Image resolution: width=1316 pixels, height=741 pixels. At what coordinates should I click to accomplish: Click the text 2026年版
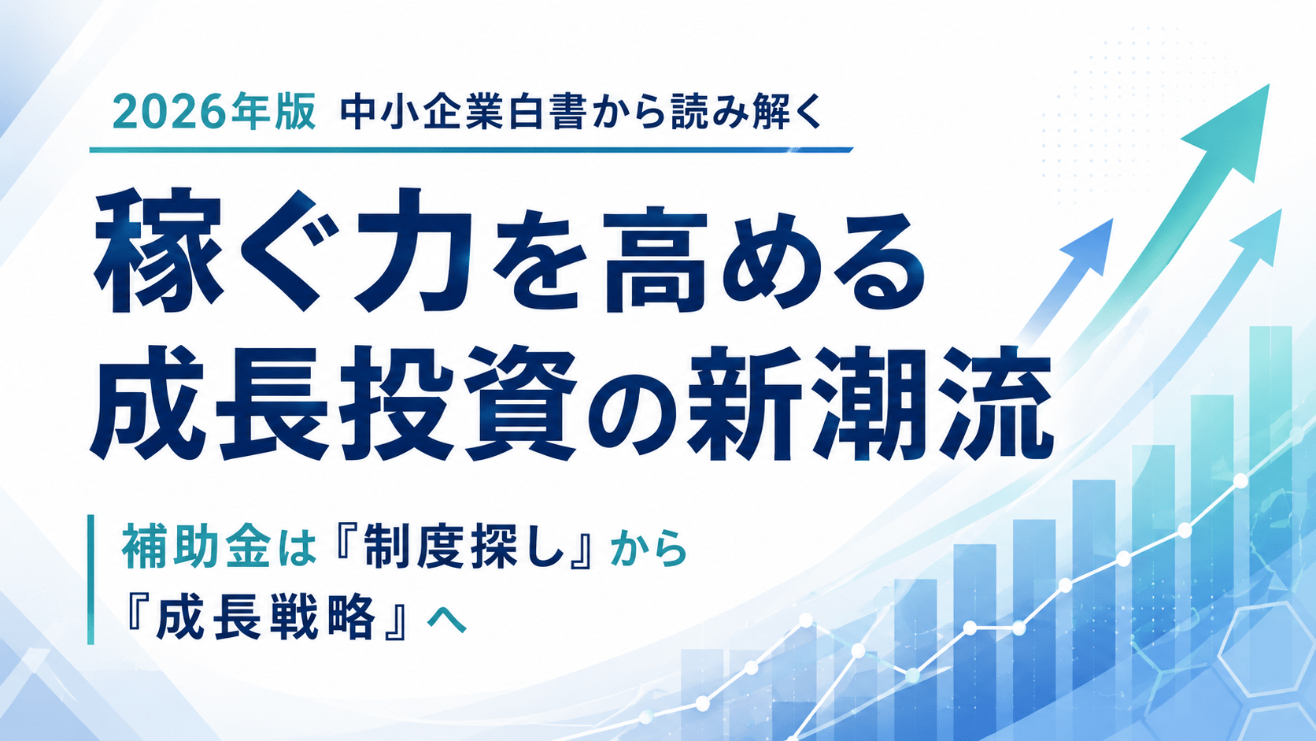214,111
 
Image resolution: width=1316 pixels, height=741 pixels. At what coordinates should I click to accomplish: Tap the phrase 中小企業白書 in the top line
462,112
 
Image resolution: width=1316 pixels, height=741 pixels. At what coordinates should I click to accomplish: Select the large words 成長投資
333,403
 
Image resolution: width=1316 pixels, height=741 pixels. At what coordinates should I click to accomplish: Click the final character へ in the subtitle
448,620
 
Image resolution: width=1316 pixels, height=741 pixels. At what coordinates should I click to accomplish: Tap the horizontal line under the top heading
471,150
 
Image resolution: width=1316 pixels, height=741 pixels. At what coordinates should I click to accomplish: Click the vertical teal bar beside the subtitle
91,580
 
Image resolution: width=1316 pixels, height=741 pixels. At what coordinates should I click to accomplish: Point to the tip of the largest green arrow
1269,84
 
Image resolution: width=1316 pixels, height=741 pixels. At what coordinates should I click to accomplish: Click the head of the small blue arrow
1092,244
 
